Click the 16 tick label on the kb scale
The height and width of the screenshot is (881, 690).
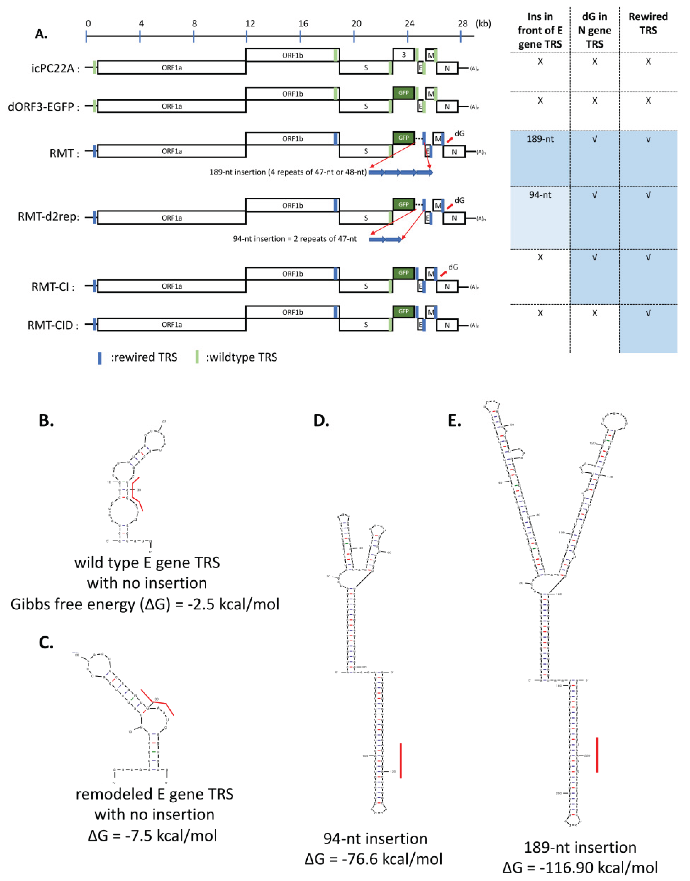(x=303, y=24)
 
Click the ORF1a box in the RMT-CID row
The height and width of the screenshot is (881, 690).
(x=172, y=325)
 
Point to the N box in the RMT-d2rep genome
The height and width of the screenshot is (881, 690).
(x=454, y=218)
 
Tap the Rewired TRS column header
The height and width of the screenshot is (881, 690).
(x=648, y=24)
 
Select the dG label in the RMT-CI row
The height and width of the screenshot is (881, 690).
(x=453, y=267)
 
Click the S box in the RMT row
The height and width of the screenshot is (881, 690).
(x=366, y=151)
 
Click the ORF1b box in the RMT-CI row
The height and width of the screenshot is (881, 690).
(x=292, y=273)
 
